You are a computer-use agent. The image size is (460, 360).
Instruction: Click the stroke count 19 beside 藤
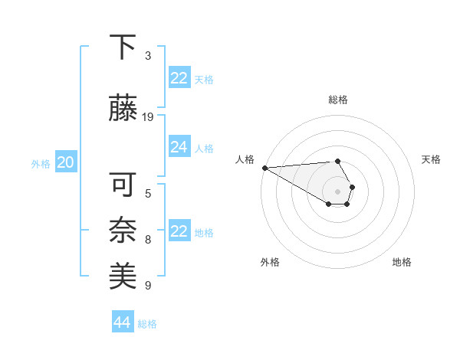148,117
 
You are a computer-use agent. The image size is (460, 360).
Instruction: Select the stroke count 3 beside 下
148,56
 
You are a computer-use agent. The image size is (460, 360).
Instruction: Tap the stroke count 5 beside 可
148,193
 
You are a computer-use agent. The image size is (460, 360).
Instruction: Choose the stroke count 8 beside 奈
148,240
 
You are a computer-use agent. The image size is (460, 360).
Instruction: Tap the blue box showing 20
65,162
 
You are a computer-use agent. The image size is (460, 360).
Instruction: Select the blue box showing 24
179,147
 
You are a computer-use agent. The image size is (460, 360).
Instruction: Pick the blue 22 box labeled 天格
179,78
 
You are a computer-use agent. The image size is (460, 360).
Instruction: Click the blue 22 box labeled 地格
179,231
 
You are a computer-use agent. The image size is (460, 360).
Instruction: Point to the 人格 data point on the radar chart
264,167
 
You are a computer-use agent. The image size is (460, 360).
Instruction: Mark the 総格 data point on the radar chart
337,161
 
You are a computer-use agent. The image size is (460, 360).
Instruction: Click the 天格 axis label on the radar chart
431,159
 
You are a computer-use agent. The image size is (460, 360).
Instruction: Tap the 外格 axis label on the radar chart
270,262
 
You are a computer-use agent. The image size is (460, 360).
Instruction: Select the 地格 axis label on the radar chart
402,262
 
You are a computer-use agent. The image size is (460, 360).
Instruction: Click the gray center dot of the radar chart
337,191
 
